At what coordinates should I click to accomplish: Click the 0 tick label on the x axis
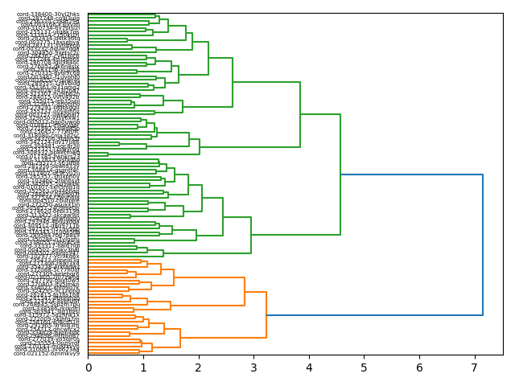pos(89,367)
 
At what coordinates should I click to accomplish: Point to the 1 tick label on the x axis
pos(143,367)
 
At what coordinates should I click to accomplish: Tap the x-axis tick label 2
pos(199,367)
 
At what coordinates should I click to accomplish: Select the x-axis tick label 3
pos(253,367)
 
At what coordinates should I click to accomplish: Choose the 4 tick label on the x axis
pos(309,367)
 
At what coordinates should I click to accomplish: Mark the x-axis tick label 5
pos(364,367)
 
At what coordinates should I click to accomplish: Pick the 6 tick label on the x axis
pos(419,367)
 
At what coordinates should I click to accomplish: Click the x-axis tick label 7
pos(474,367)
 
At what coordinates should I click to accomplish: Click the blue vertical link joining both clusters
pos(483,241)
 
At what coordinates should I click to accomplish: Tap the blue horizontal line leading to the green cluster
pos(410,175)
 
